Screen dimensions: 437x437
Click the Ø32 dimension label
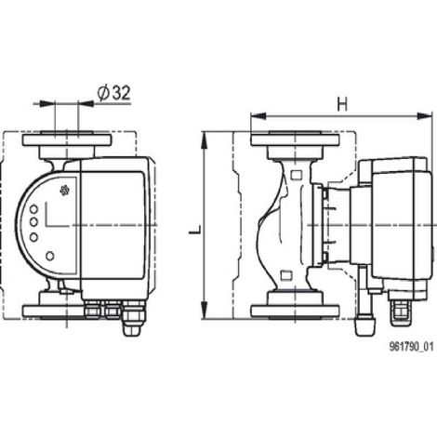click(x=113, y=93)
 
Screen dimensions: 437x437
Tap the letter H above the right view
click(x=342, y=104)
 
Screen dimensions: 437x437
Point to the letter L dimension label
click(x=195, y=230)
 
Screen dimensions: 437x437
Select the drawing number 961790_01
click(x=411, y=346)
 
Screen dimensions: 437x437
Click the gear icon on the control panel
click(x=64, y=191)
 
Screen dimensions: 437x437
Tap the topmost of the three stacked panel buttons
click(x=33, y=209)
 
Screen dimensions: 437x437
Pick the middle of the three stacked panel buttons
click(x=33, y=222)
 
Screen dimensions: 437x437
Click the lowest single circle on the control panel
click(x=50, y=256)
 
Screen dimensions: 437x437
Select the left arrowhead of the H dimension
click(x=258, y=116)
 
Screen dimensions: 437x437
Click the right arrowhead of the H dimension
click(x=424, y=116)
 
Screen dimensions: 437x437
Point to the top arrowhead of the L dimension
click(x=205, y=139)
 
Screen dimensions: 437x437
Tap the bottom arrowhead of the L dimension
click(x=205, y=311)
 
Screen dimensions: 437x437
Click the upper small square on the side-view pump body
click(x=297, y=176)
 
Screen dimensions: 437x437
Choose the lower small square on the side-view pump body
click(x=286, y=275)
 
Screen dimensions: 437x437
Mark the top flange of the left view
click(x=67, y=139)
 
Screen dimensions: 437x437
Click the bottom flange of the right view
click(x=295, y=311)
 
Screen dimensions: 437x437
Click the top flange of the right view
click(x=295, y=139)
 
